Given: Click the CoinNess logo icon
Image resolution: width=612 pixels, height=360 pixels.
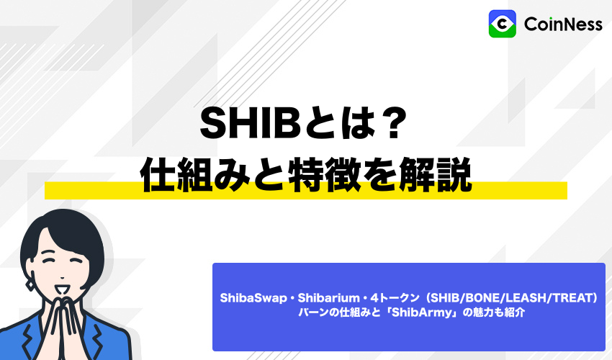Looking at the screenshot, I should (x=502, y=24).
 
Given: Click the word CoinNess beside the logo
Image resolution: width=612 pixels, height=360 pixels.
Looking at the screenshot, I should (x=563, y=24).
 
